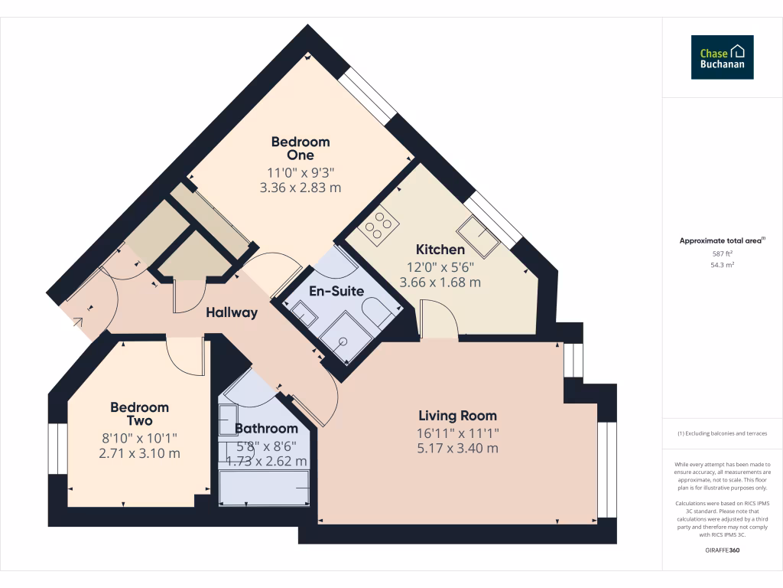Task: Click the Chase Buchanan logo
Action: pos(722,57)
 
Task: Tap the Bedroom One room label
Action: pos(301,149)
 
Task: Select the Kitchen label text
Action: pos(440,250)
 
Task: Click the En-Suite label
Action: pos(336,291)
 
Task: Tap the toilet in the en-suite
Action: pos(379,314)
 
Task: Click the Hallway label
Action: pos(231,312)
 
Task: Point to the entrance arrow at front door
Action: pos(78,322)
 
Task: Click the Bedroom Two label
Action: pos(139,414)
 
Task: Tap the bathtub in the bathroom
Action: pos(265,488)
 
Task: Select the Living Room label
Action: pos(457,416)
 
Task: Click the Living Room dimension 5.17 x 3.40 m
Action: pos(457,448)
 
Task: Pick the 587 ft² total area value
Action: pos(723,253)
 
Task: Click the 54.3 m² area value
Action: pos(723,264)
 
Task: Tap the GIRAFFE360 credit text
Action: pos(723,550)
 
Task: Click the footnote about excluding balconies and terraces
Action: pos(723,433)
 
